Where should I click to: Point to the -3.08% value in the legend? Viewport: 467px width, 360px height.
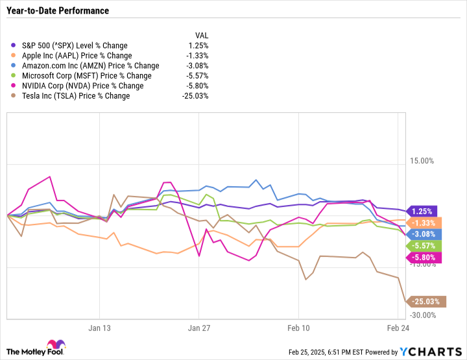tap(197, 66)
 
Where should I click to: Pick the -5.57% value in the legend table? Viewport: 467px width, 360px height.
tap(197, 76)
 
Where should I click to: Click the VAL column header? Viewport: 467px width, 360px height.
tap(202, 35)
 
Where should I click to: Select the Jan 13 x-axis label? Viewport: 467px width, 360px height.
tap(99, 328)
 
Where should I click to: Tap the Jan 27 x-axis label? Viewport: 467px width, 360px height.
tap(199, 328)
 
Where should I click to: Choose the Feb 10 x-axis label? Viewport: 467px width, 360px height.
tap(299, 328)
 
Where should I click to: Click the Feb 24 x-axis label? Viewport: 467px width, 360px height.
tap(398, 328)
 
